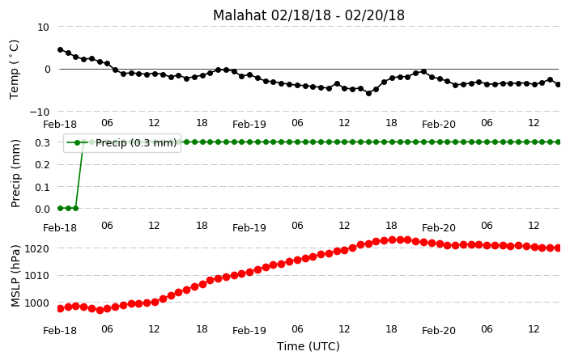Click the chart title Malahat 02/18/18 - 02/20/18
308,15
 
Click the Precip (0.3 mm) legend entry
122,142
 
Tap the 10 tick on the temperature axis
43,28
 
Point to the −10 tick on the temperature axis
40,112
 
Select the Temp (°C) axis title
14,70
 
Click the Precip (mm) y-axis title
15,174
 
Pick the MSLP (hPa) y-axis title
15,276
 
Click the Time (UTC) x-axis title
308,346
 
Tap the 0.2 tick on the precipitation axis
42,164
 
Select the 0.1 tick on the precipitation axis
42,187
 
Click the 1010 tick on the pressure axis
36,276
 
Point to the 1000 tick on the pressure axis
36,303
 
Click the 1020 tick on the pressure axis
36,249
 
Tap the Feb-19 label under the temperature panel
249,125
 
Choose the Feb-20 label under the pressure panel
439,330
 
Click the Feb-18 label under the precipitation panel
60,228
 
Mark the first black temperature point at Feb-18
61,50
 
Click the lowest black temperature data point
368,93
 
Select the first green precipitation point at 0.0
61,209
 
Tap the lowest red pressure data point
100,310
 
